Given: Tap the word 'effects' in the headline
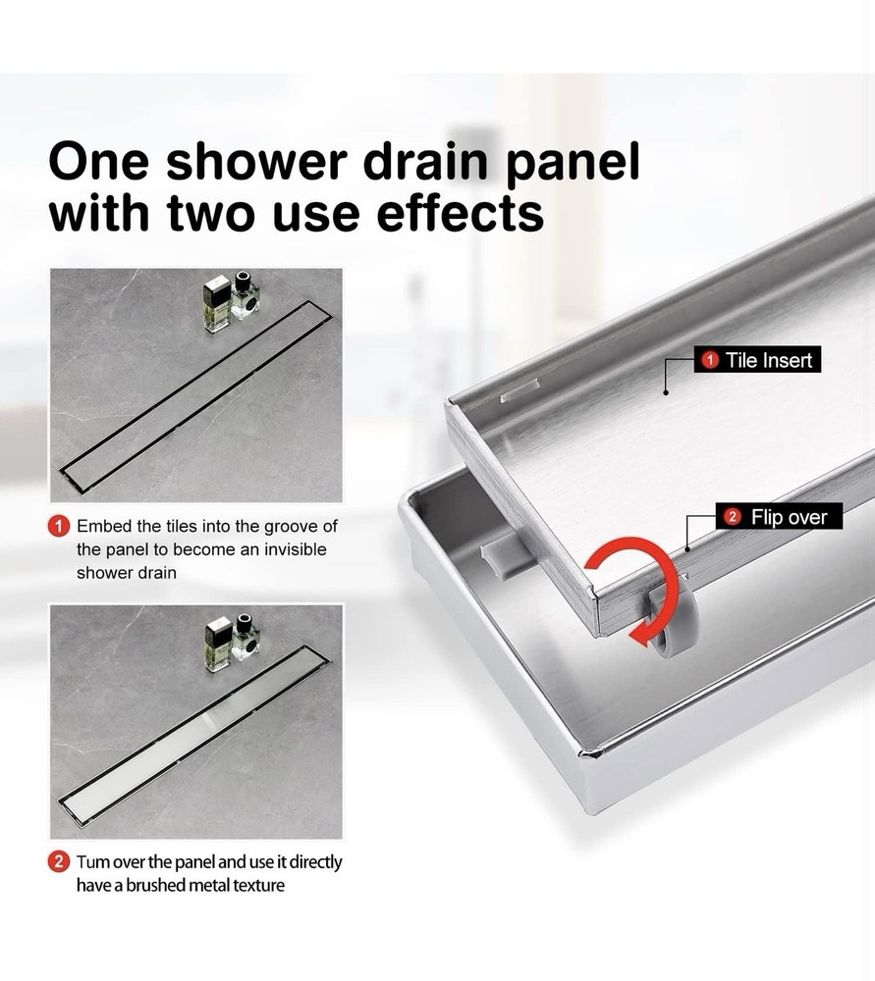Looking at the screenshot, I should click(457, 213).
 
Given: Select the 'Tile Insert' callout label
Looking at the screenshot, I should click(756, 361).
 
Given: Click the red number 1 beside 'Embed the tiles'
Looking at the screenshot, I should click(59, 528).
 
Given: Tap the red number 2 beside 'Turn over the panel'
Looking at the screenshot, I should click(59, 863).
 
